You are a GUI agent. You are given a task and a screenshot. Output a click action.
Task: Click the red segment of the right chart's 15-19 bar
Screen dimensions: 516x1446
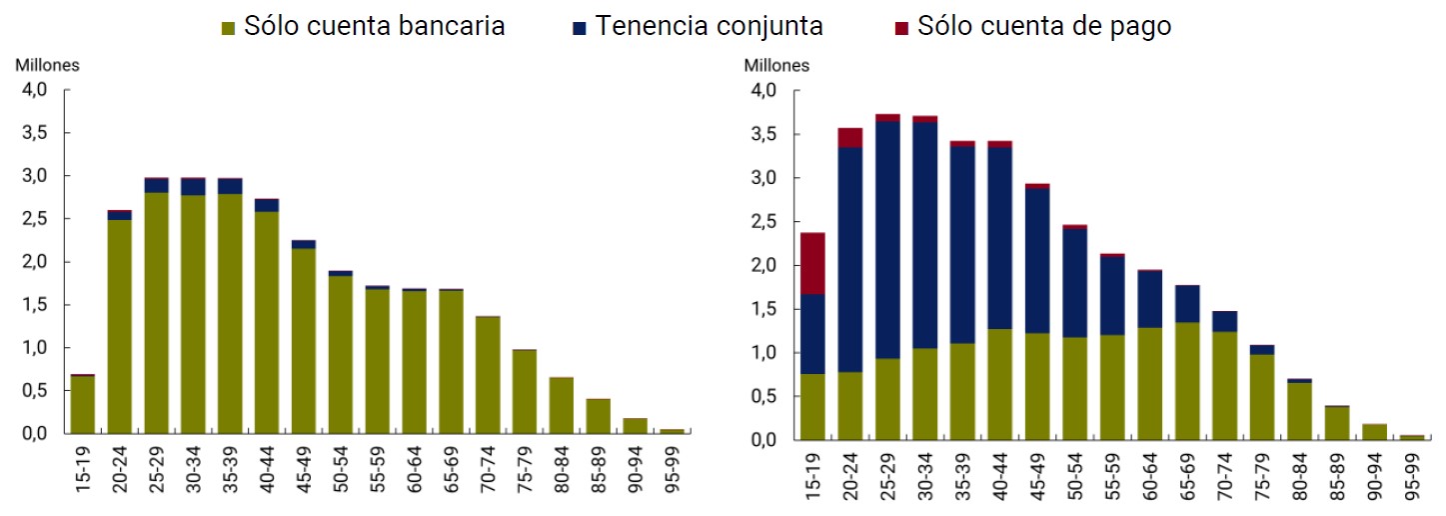pos(812,263)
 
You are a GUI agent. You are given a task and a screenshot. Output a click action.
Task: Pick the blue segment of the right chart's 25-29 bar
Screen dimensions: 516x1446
pos(887,240)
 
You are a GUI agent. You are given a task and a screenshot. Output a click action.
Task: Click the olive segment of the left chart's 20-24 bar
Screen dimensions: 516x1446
pos(120,326)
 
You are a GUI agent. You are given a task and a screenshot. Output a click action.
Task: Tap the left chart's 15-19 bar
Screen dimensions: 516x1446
pos(83,404)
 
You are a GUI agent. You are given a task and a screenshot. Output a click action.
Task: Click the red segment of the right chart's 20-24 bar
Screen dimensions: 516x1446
pos(850,138)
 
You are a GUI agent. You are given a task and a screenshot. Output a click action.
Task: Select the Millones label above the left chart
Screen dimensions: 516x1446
pos(47,65)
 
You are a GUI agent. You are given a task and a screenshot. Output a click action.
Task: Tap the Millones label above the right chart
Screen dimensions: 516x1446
pos(776,66)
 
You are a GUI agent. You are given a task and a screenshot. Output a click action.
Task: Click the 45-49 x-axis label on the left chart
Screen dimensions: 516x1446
pos(305,469)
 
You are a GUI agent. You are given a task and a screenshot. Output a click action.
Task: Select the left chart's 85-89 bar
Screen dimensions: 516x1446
pos(599,416)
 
